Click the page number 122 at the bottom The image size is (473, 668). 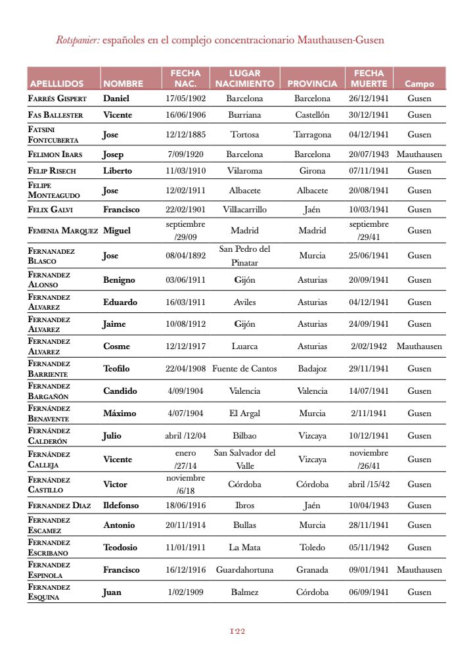click(x=237, y=631)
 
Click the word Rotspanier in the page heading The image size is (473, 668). click(x=78, y=40)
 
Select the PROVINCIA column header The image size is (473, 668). click(x=312, y=84)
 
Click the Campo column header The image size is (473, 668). click(x=419, y=84)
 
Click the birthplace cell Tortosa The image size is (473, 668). click(x=244, y=135)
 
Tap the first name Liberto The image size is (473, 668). click(x=118, y=171)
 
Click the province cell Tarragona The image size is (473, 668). click(x=312, y=135)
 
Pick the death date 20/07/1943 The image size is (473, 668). click(x=369, y=155)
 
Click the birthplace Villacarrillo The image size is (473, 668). click(x=244, y=210)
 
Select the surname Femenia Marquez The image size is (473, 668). click(x=62, y=231)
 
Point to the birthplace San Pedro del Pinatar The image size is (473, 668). click(x=244, y=256)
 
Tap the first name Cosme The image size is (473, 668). click(x=116, y=346)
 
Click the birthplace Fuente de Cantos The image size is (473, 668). click(x=244, y=369)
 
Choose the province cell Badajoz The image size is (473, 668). click(x=312, y=369)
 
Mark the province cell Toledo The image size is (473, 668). click(x=312, y=548)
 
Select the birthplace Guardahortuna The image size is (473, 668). click(x=244, y=570)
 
